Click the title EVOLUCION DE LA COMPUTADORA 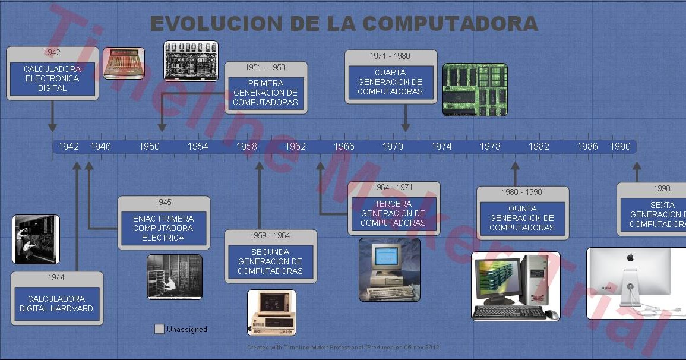tap(344, 24)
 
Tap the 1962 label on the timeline tap(295, 146)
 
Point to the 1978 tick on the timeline tap(490, 146)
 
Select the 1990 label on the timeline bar tap(620, 146)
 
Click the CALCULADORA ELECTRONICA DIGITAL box tap(52, 78)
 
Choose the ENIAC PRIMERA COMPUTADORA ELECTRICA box tap(163, 228)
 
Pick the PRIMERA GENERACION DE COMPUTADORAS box tap(265, 93)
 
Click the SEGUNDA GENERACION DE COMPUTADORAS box tap(270, 261)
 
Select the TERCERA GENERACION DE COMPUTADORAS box tap(393, 214)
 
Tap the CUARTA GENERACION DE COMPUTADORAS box tap(390, 83)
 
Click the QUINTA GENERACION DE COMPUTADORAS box tap(522, 218)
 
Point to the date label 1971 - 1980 tap(390, 56)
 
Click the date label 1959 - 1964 tap(270, 236)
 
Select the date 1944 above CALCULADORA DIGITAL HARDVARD tap(56, 277)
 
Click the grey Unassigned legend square tap(159, 329)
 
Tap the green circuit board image tap(475, 89)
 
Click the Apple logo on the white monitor tap(630, 257)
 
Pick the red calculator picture tap(124, 64)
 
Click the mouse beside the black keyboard tap(551, 314)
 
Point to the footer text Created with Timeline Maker tap(343, 347)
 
